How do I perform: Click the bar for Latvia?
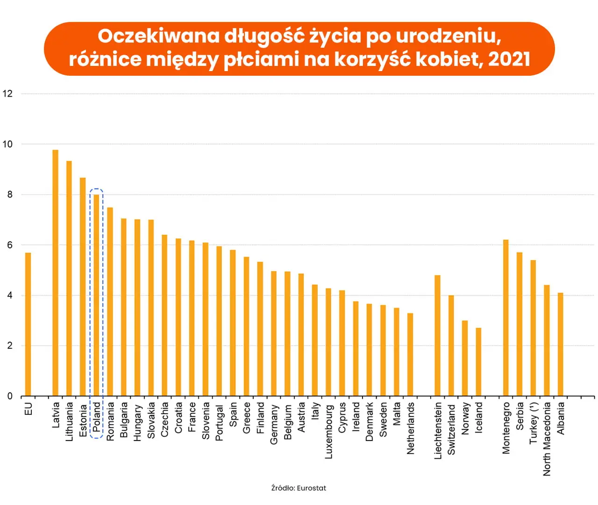click(55, 273)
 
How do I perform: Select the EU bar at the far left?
click(28, 325)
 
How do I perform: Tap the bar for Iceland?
click(478, 362)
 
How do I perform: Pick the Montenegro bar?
click(505, 318)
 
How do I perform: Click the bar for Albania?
click(560, 345)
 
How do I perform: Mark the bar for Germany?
click(274, 333)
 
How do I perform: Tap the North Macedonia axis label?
click(547, 439)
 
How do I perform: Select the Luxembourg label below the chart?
click(328, 431)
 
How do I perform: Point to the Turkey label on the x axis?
click(534, 423)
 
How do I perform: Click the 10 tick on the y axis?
click(7, 144)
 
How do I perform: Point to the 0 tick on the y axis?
click(10, 396)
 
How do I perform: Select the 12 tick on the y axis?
click(7, 94)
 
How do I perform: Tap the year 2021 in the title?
click(509, 59)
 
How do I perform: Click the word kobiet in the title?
click(447, 59)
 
